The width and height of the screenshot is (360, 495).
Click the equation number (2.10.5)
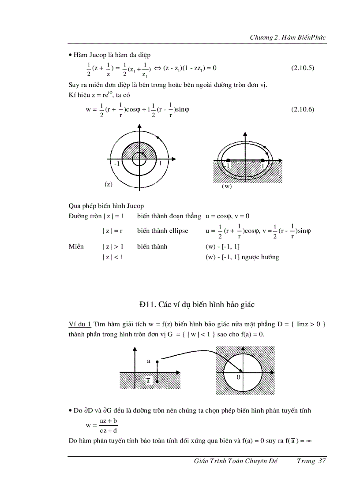click(303, 68)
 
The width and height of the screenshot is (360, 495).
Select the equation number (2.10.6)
click(303, 110)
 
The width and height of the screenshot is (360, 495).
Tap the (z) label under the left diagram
click(108, 184)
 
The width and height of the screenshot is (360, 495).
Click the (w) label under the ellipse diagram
click(227, 186)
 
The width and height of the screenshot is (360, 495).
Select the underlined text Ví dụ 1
click(80, 324)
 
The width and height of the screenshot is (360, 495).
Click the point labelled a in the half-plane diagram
click(157, 361)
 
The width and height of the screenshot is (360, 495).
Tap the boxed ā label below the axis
click(149, 381)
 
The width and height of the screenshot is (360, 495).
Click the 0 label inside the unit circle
click(238, 377)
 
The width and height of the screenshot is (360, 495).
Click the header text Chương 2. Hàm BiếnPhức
click(288, 37)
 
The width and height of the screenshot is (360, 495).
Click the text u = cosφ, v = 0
click(227, 216)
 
